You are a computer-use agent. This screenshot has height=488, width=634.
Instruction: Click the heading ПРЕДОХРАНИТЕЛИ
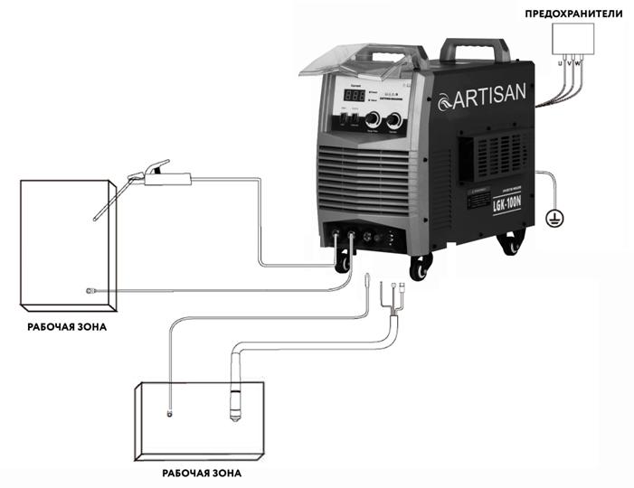[x=575, y=13]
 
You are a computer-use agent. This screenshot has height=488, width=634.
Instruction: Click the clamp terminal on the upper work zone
[x=90, y=291]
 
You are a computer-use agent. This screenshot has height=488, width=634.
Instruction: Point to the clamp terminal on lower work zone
[x=168, y=413]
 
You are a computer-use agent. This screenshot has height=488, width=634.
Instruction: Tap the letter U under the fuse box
[x=561, y=64]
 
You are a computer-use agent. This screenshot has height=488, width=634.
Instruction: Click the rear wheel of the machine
[x=513, y=242]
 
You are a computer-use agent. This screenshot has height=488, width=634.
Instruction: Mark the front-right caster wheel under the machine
[x=420, y=268]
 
